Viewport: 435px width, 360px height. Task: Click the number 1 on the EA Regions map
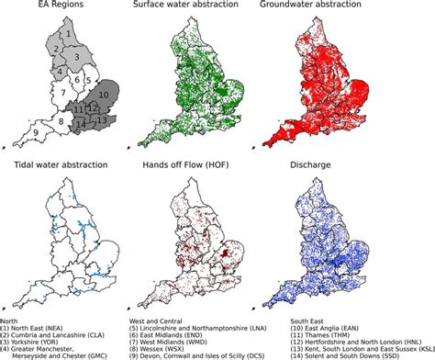[64, 35]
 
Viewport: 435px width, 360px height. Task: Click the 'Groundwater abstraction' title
[344, 8]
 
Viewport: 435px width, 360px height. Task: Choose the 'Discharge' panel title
[345, 165]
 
